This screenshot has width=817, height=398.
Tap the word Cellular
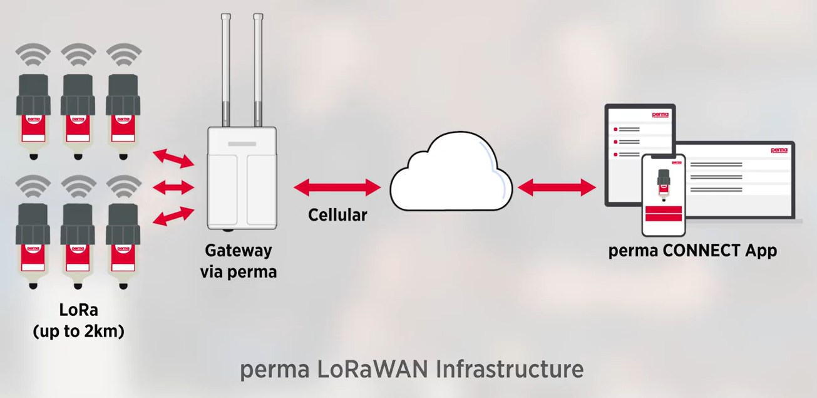click(x=337, y=215)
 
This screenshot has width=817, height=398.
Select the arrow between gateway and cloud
click(x=337, y=187)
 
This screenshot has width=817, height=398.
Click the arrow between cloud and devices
click(x=557, y=187)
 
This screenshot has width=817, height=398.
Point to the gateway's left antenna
click(x=226, y=69)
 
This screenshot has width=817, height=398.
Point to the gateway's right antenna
click(x=258, y=69)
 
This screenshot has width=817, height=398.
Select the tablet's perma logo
click(x=660, y=115)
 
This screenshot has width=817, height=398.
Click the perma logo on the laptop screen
click(x=779, y=150)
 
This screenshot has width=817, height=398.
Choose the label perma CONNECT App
click(x=692, y=251)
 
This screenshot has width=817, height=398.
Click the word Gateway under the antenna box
click(x=239, y=251)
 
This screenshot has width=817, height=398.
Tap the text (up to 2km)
click(x=78, y=331)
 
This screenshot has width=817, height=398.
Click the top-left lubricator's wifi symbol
click(x=33, y=55)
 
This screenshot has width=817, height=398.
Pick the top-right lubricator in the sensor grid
click(x=123, y=116)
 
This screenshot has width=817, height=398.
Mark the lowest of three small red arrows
click(x=173, y=216)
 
